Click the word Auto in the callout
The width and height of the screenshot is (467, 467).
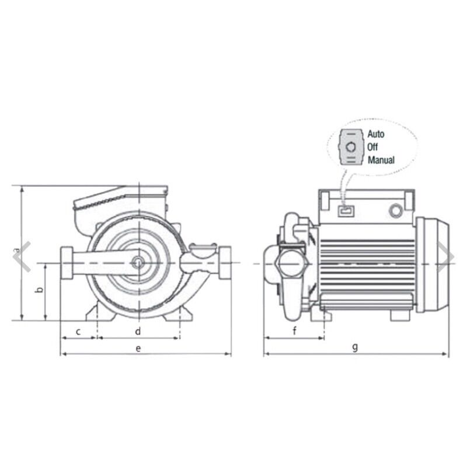[x=375, y=134]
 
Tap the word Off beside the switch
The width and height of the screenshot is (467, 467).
[x=372, y=147]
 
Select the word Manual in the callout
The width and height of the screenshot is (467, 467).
[x=381, y=160]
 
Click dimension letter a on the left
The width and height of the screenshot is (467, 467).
[x=17, y=250]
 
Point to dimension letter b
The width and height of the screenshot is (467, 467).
[x=39, y=289]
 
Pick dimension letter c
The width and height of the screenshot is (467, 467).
[x=78, y=332]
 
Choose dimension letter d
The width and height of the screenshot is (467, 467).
[x=138, y=331]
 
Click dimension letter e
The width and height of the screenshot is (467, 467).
[x=138, y=348]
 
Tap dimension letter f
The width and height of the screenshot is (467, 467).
[x=295, y=330]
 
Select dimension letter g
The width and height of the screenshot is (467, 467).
[x=355, y=347]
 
